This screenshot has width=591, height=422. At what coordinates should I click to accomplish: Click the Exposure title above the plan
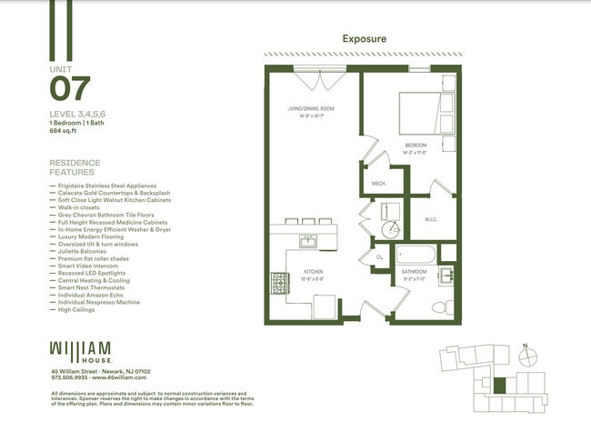click(x=365, y=39)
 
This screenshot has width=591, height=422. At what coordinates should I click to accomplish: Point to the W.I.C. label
click(x=431, y=219)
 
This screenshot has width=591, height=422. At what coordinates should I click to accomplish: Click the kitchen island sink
click(x=308, y=241)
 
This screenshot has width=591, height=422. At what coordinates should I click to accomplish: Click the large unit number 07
click(x=71, y=89)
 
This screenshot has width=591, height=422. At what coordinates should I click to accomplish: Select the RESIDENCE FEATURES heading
click(x=75, y=168)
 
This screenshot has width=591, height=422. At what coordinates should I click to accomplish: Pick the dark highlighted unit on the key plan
click(x=497, y=384)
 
